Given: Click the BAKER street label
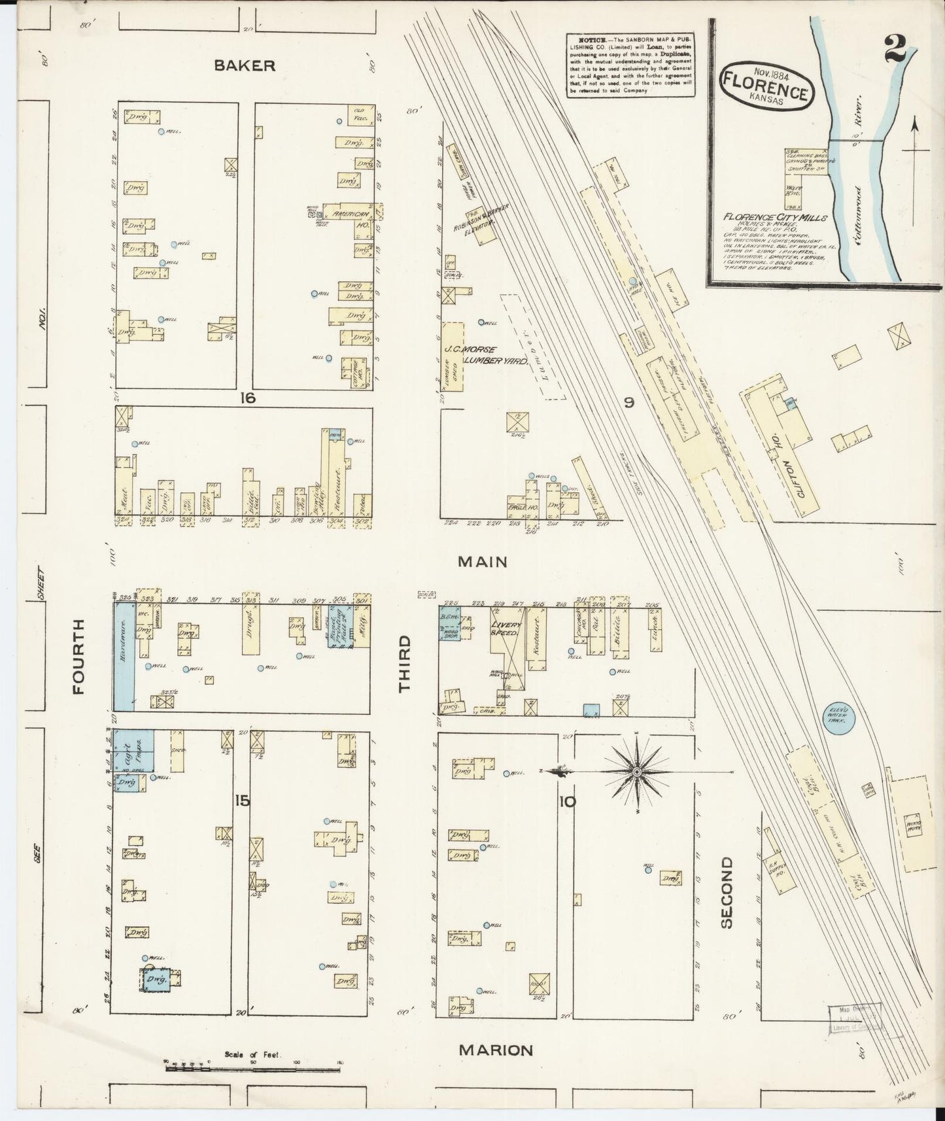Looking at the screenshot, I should tap(243, 65).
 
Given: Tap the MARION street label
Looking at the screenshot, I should tap(495, 1050).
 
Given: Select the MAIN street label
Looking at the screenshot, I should tap(483, 561).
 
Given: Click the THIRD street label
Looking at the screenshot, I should tap(405, 663).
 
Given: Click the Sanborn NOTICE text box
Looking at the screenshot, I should tap(627, 65).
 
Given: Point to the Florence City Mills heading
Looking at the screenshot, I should tap(775, 218).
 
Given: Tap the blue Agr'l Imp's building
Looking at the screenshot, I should tap(134, 750).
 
